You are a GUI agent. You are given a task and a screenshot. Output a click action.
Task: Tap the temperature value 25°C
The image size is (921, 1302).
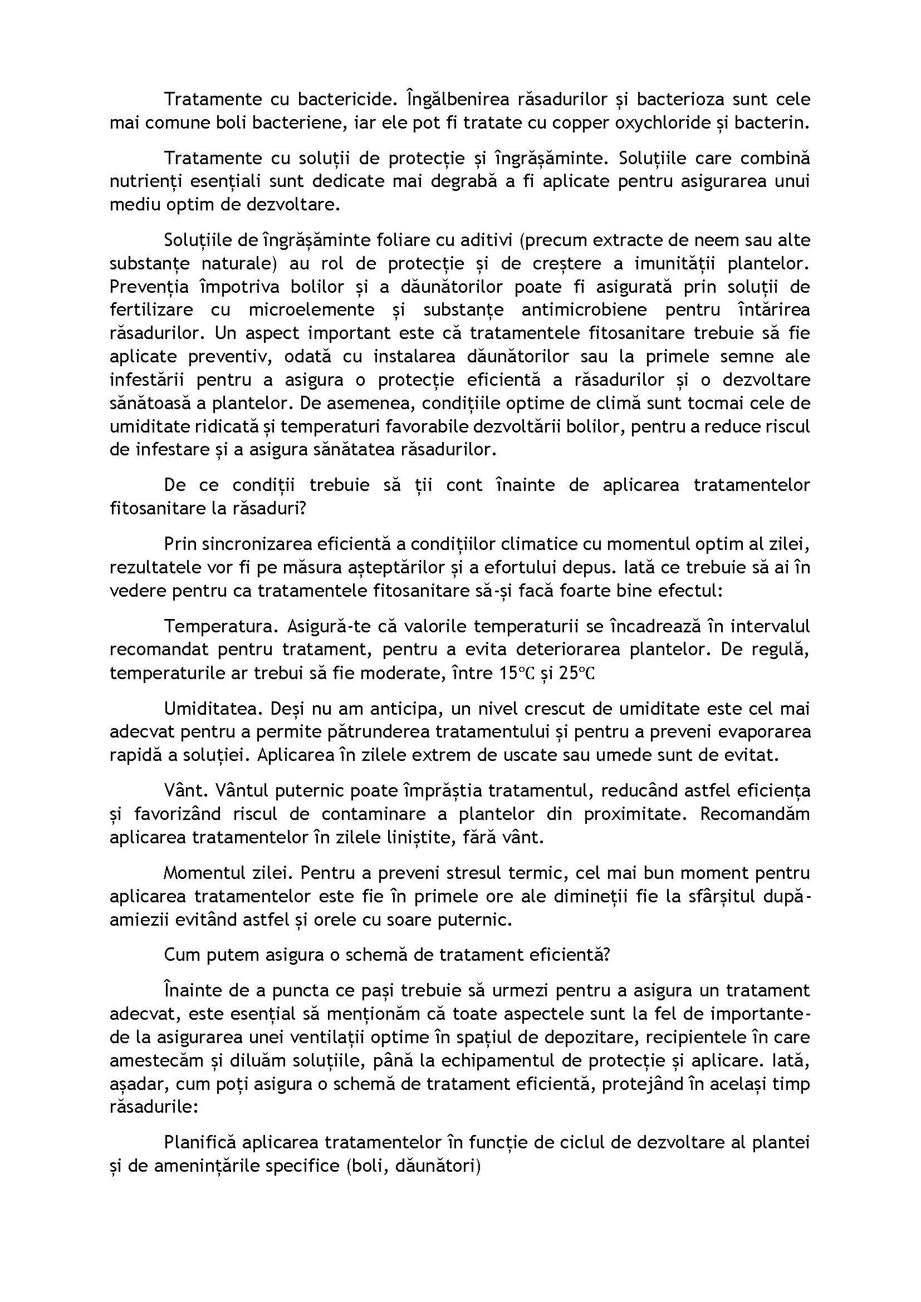pos(577,673)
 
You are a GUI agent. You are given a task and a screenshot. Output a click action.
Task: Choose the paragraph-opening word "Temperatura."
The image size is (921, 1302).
pos(219,626)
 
